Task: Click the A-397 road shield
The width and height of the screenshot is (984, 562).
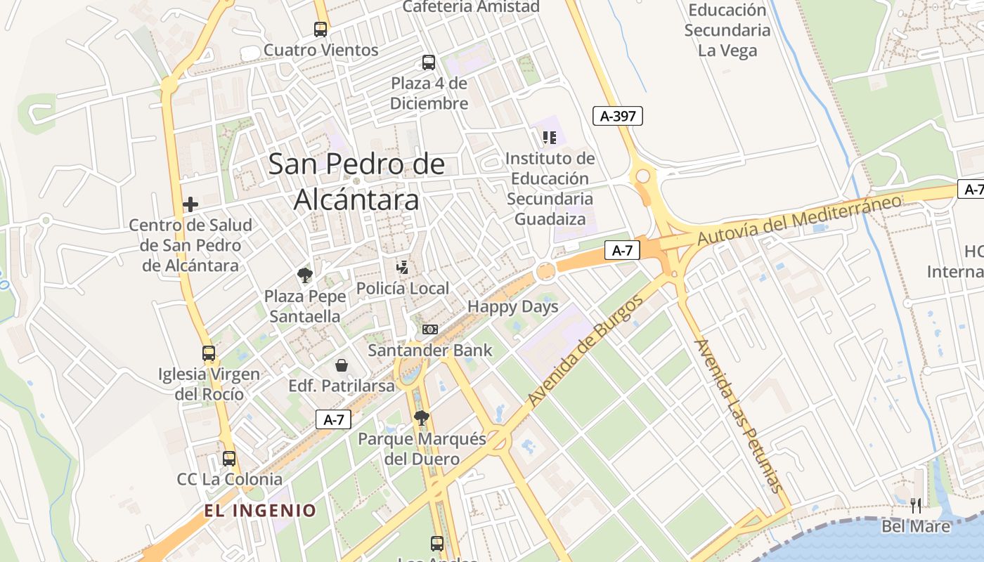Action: coord(618,116)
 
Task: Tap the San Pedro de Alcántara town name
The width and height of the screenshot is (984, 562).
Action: coord(356,182)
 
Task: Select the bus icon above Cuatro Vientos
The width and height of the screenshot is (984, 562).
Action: coord(321,29)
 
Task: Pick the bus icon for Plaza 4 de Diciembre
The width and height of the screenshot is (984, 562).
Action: coord(429,62)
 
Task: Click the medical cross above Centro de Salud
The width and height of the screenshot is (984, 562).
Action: coord(190,204)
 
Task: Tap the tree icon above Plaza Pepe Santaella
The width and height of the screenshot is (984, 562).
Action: coord(304,275)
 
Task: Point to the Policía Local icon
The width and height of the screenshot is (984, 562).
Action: coord(403,267)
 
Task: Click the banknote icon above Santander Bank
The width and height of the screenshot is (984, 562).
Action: coord(429,329)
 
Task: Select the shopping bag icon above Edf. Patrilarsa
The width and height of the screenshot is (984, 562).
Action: coord(342,365)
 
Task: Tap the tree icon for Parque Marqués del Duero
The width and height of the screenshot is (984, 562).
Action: coord(422,418)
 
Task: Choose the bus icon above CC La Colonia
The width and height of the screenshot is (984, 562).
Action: coord(229,459)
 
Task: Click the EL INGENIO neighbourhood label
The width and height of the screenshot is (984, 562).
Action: coord(261,511)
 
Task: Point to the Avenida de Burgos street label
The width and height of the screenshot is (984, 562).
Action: coord(585,351)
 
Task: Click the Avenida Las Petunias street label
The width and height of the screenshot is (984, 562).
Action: coord(737,415)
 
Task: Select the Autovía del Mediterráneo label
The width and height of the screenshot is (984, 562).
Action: coord(799,220)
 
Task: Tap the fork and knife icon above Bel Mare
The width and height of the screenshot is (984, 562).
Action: coord(916,505)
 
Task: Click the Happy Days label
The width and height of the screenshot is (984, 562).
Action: coord(513,307)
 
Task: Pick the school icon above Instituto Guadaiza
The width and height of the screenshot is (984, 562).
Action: coord(550,138)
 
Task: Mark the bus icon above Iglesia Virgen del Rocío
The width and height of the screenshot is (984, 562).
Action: coord(209,353)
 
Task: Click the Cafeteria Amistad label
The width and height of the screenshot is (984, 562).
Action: coord(471,7)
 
